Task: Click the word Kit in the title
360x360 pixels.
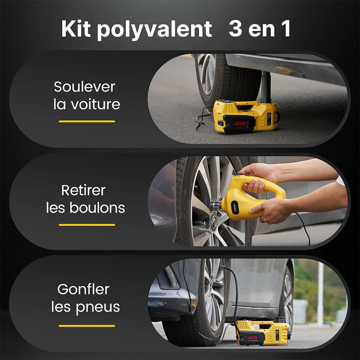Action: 76,29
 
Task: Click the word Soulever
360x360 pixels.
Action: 85,87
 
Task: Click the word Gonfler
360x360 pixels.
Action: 83,289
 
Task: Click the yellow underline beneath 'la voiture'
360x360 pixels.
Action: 87,121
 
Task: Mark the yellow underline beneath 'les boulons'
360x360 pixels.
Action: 87,225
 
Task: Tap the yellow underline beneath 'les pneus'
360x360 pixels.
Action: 87,326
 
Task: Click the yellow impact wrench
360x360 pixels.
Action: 248,198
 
